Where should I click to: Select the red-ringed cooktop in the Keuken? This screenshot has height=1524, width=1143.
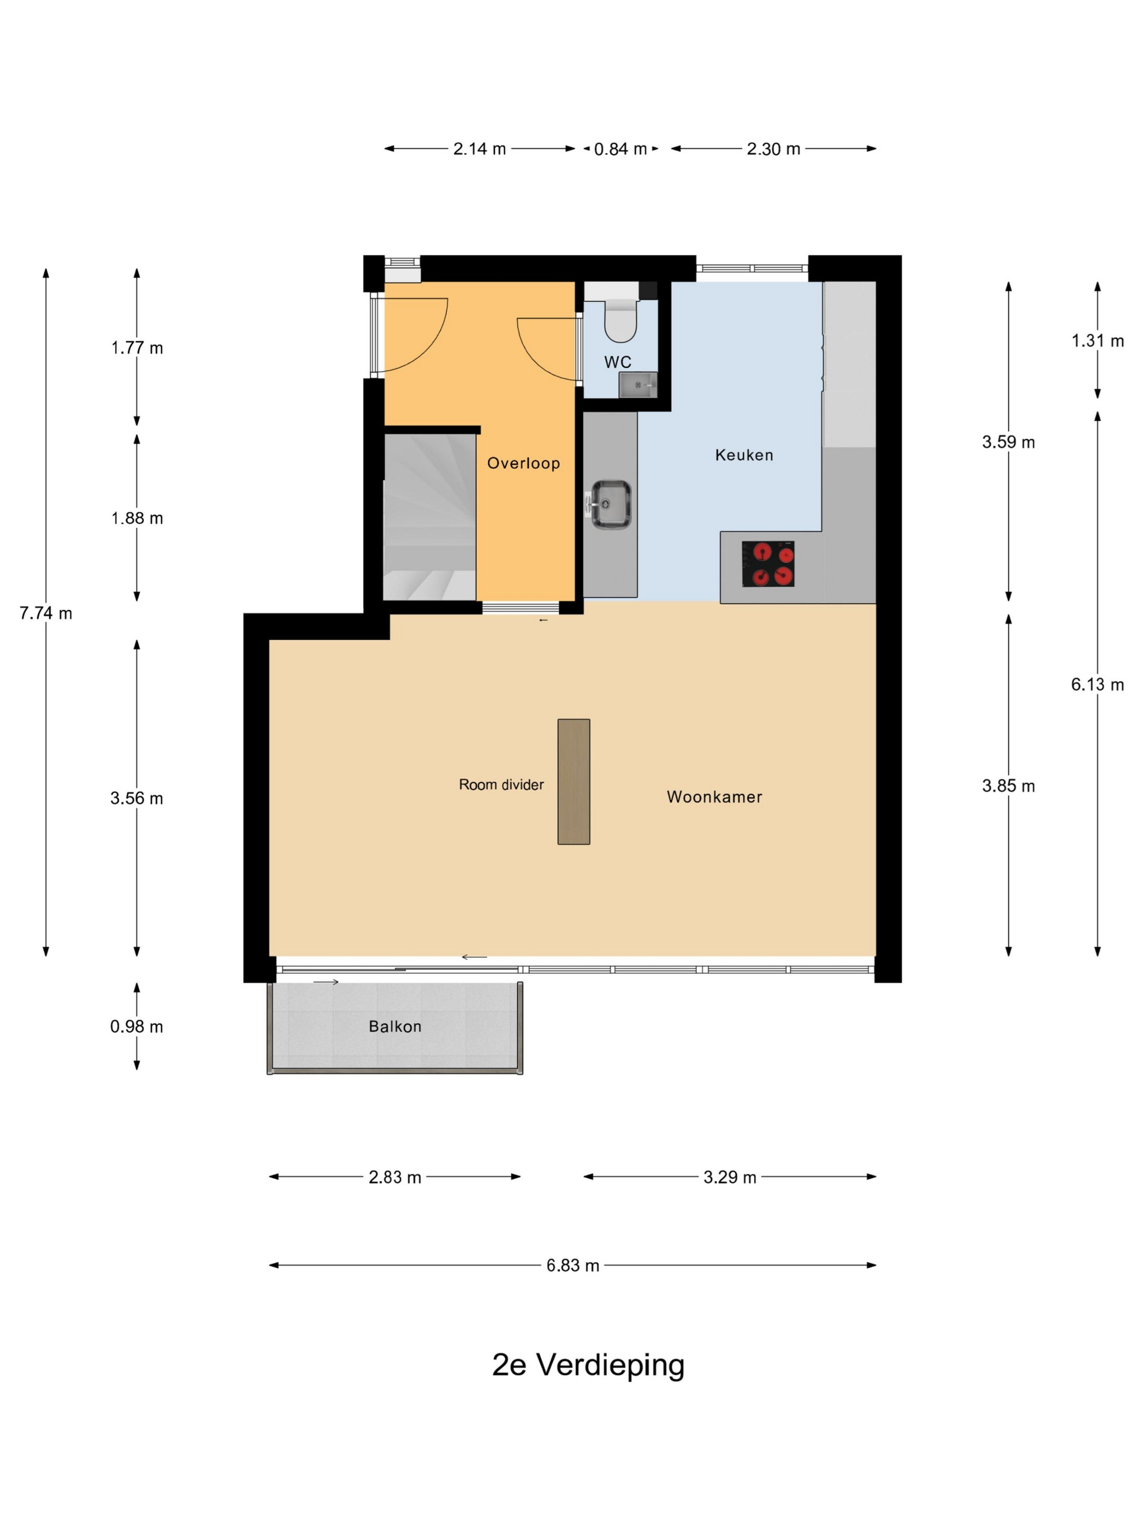click(x=768, y=563)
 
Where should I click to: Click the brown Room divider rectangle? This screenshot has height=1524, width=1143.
click(x=573, y=781)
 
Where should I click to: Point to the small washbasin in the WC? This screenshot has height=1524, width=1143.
click(x=637, y=385)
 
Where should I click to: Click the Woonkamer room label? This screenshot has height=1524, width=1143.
click(x=715, y=797)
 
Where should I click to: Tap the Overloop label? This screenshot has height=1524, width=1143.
click(x=524, y=463)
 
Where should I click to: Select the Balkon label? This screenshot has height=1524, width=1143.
click(x=395, y=1027)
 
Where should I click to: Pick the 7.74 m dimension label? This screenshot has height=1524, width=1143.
click(x=46, y=613)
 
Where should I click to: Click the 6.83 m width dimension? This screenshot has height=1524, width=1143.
click(x=573, y=1265)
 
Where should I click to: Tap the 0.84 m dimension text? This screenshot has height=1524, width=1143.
click(x=621, y=149)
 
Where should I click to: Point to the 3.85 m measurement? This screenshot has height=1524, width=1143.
click(x=1009, y=786)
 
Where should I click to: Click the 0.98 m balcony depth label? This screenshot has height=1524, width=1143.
click(x=137, y=1027)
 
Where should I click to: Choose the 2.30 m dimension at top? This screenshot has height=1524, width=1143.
click(x=774, y=149)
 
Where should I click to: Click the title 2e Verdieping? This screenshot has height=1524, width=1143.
click(x=588, y=1365)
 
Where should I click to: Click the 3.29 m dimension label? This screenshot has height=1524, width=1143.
click(x=730, y=1177)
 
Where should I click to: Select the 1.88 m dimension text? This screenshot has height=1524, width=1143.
click(x=137, y=518)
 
